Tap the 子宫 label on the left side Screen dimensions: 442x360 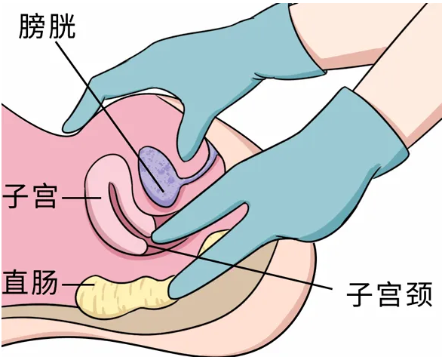tap(29, 196)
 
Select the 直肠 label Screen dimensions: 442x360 tap(29, 282)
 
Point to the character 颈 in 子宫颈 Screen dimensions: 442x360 tap(418, 294)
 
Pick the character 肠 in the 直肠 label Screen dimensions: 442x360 tap(45, 282)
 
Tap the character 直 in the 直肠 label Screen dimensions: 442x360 tap(15, 282)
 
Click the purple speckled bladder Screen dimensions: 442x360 tap(158, 177)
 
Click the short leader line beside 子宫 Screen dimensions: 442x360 tap(81, 198)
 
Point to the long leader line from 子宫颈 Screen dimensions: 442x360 tap(240, 267)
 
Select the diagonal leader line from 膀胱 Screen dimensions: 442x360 tap(110, 116)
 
